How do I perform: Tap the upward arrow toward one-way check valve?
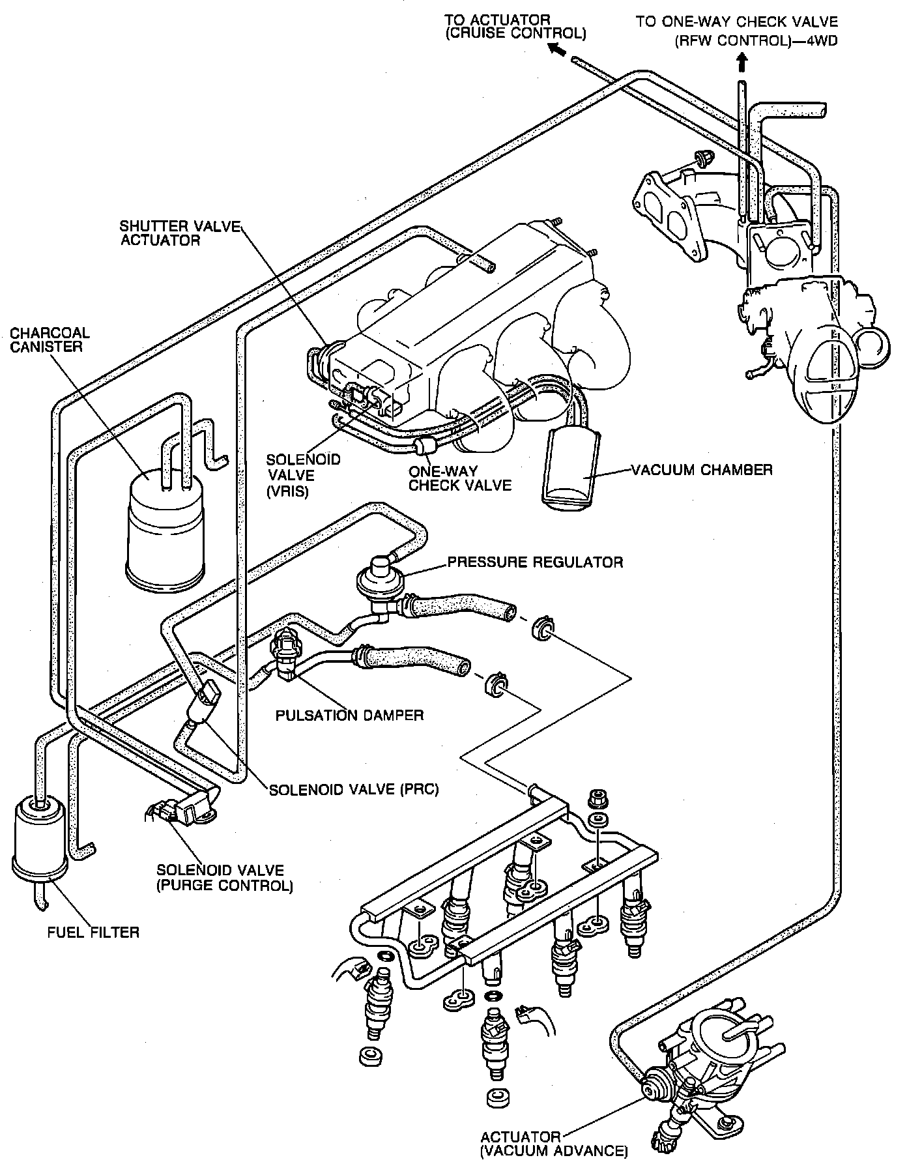(741, 64)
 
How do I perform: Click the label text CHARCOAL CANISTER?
(50, 340)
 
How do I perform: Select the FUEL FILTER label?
(94, 933)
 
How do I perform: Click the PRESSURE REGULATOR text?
(535, 561)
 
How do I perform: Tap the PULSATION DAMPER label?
(349, 715)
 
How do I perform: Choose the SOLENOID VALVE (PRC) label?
(354, 789)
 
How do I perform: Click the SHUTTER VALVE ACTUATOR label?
(180, 233)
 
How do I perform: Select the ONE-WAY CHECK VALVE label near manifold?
(460, 478)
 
